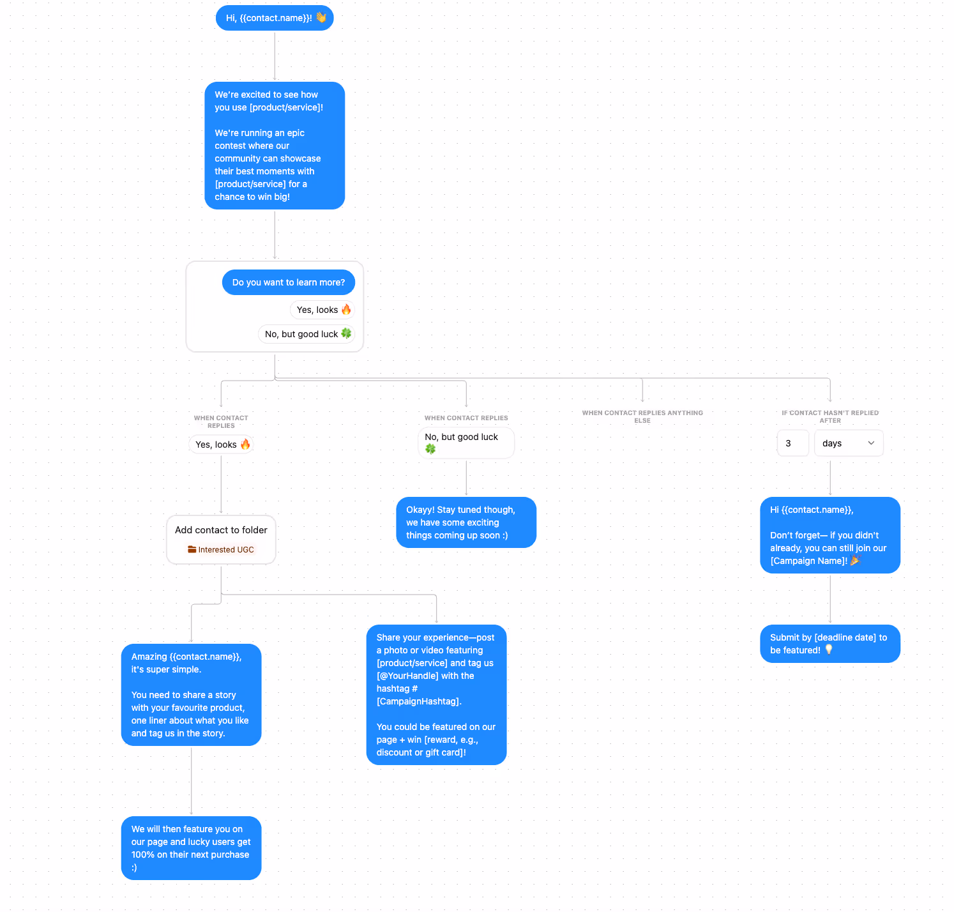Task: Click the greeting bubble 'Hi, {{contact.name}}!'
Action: coord(268,18)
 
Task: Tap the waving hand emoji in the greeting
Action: coord(321,18)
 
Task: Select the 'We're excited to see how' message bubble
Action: coord(275,146)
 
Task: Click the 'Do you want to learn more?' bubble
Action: coord(288,282)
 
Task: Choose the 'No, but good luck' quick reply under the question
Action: coord(302,334)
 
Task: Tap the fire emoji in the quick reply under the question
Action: coord(346,310)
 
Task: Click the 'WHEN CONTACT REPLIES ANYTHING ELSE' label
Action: coord(642,416)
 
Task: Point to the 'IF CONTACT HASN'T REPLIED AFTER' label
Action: coord(830,416)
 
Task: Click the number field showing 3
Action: coord(792,443)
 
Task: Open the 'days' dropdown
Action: coord(848,443)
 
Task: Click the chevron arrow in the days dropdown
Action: coord(871,443)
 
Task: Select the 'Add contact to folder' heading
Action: coord(221,530)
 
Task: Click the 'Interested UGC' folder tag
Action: coord(221,550)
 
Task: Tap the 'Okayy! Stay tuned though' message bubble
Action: coord(466,522)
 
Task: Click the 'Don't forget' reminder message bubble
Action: coord(829,535)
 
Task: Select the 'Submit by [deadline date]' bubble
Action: coord(829,644)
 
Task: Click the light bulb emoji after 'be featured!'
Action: coord(829,650)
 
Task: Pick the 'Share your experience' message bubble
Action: coord(436,695)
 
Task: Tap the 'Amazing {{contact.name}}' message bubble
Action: coord(191,695)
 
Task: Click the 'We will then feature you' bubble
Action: coord(191,848)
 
